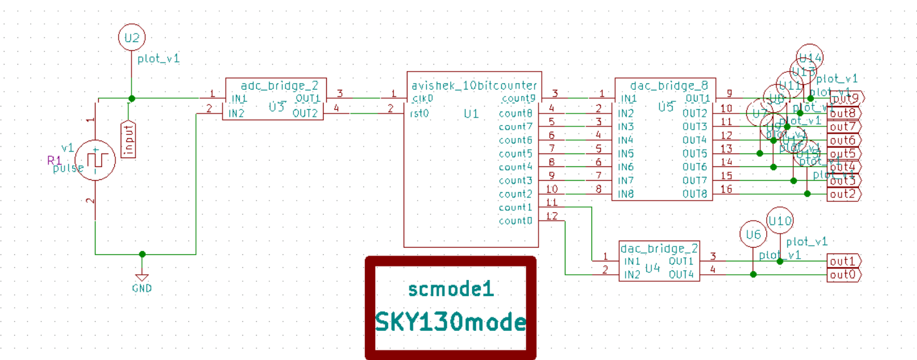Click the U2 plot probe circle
pyautogui.click(x=132, y=38)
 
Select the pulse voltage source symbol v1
pyautogui.click(x=95, y=159)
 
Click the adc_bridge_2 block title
pyautogui.click(x=279, y=85)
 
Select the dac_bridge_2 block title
pyautogui.click(x=659, y=248)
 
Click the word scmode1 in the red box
pyautogui.click(x=451, y=290)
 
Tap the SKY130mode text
pyautogui.click(x=450, y=321)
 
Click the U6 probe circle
pyautogui.click(x=753, y=235)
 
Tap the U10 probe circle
pyautogui.click(x=780, y=221)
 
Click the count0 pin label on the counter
pyautogui.click(x=515, y=221)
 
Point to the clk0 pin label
pyautogui.click(x=422, y=98)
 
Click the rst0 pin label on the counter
pyautogui.click(x=420, y=113)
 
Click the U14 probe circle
pyautogui.click(x=810, y=58)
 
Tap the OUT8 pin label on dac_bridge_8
pyautogui.click(x=695, y=194)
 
